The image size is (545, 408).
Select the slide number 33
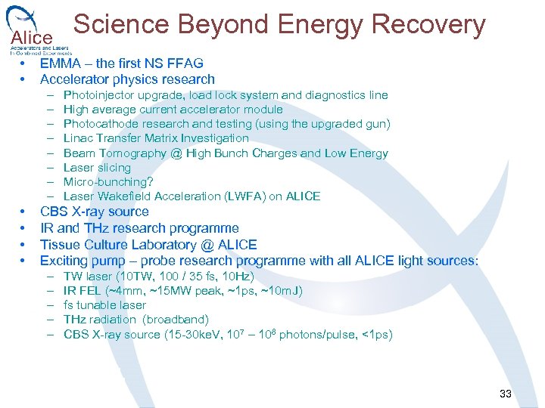506,394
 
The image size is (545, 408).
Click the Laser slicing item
97,168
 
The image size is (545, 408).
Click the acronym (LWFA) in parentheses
244,196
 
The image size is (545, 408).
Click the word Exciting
64,261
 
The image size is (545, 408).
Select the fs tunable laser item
104,305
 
